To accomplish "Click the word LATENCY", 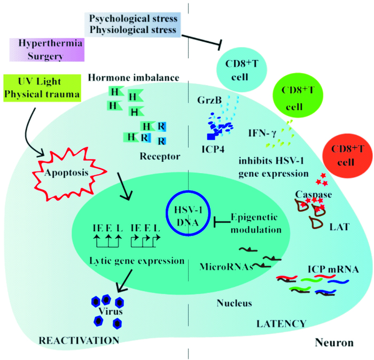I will pyautogui.click(x=281, y=324).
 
